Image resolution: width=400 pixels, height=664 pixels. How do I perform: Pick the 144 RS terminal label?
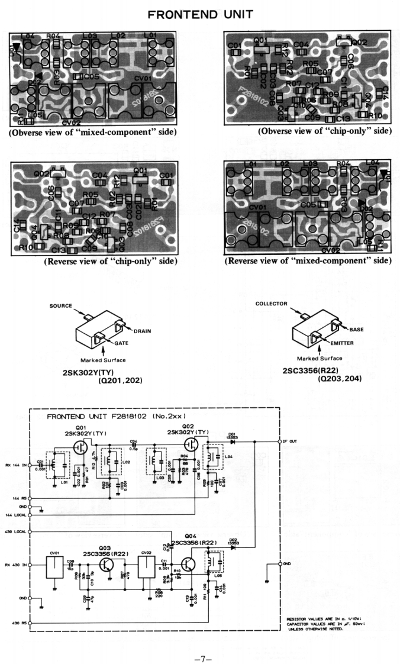click(18, 498)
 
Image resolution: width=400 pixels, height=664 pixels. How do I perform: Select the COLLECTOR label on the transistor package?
click(271, 304)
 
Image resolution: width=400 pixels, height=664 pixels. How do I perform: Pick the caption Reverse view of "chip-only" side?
click(110, 261)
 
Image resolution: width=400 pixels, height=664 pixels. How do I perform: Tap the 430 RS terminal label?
click(18, 623)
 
